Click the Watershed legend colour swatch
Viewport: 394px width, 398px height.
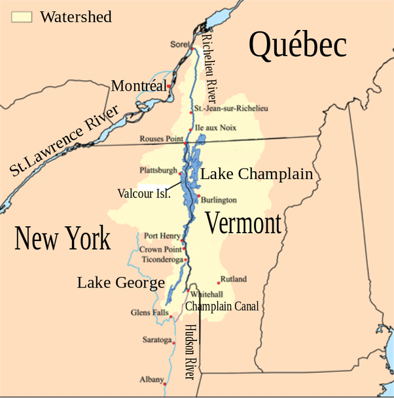(22, 17)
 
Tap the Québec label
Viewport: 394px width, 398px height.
(297, 46)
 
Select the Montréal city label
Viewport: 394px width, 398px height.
(138, 86)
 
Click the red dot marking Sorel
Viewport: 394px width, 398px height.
(191, 48)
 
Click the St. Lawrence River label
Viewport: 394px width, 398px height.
(65, 141)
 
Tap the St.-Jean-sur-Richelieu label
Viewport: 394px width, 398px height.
(231, 108)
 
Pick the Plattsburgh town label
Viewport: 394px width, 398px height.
(158, 171)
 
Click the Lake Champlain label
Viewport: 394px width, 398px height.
(256, 174)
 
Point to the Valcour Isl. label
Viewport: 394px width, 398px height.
(144, 193)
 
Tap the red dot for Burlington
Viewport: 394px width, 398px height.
(198, 195)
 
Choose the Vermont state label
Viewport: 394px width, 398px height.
(243, 224)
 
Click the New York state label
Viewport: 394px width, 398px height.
(63, 239)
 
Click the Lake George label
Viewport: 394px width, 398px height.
(120, 283)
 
